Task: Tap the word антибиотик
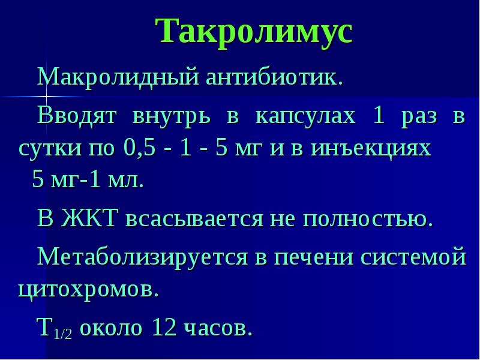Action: pyautogui.click(x=274, y=77)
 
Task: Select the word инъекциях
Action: pyautogui.click(x=371, y=149)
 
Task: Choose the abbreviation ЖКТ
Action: pyautogui.click(x=89, y=218)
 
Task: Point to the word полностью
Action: pyautogui.click(x=368, y=220)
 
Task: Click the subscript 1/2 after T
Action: pyautogui.click(x=63, y=334)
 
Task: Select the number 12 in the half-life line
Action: pyautogui.click(x=164, y=327)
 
